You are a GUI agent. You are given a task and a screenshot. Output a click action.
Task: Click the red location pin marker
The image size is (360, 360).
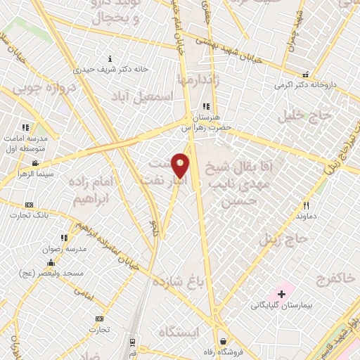click(x=181, y=165)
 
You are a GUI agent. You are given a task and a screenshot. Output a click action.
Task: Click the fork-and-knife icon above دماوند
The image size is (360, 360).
click(x=306, y=206)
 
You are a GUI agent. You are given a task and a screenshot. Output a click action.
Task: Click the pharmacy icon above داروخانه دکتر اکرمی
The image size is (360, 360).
click(x=304, y=75)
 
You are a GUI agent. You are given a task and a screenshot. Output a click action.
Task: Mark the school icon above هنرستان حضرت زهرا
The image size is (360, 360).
click(x=206, y=106)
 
